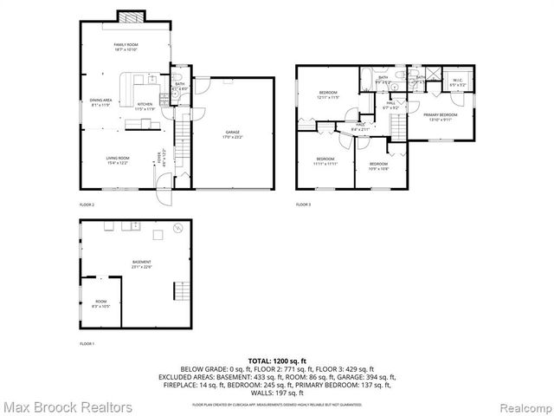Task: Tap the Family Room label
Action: pyautogui.click(x=126, y=47)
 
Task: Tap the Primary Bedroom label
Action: pyautogui.click(x=440, y=117)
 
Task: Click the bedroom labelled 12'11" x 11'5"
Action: pyautogui.click(x=327, y=95)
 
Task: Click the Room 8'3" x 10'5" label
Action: pyautogui.click(x=101, y=303)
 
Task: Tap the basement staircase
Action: pyautogui.click(x=182, y=291)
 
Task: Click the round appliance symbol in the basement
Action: pyautogui.click(x=178, y=229)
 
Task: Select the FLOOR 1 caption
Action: pyautogui.click(x=87, y=344)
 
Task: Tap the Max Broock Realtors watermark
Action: pyautogui.click(x=67, y=406)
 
